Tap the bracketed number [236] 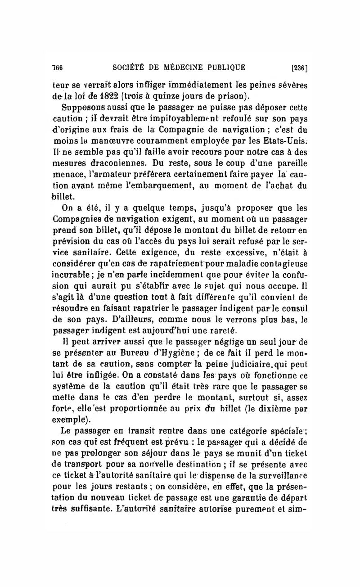click(x=299, y=68)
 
